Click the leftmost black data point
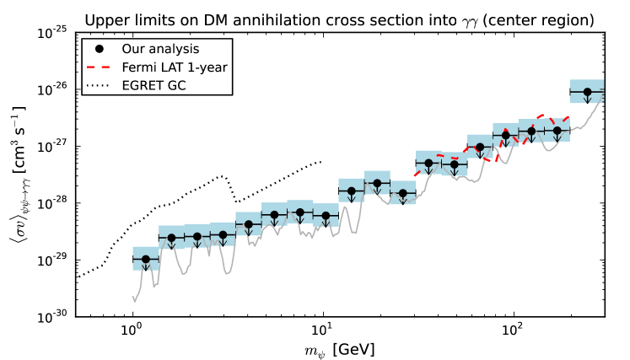pyautogui.click(x=145, y=259)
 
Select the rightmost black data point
pyautogui.click(x=588, y=91)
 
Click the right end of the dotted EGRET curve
pyautogui.click(x=322, y=161)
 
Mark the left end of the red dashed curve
pyautogui.click(x=414, y=175)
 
